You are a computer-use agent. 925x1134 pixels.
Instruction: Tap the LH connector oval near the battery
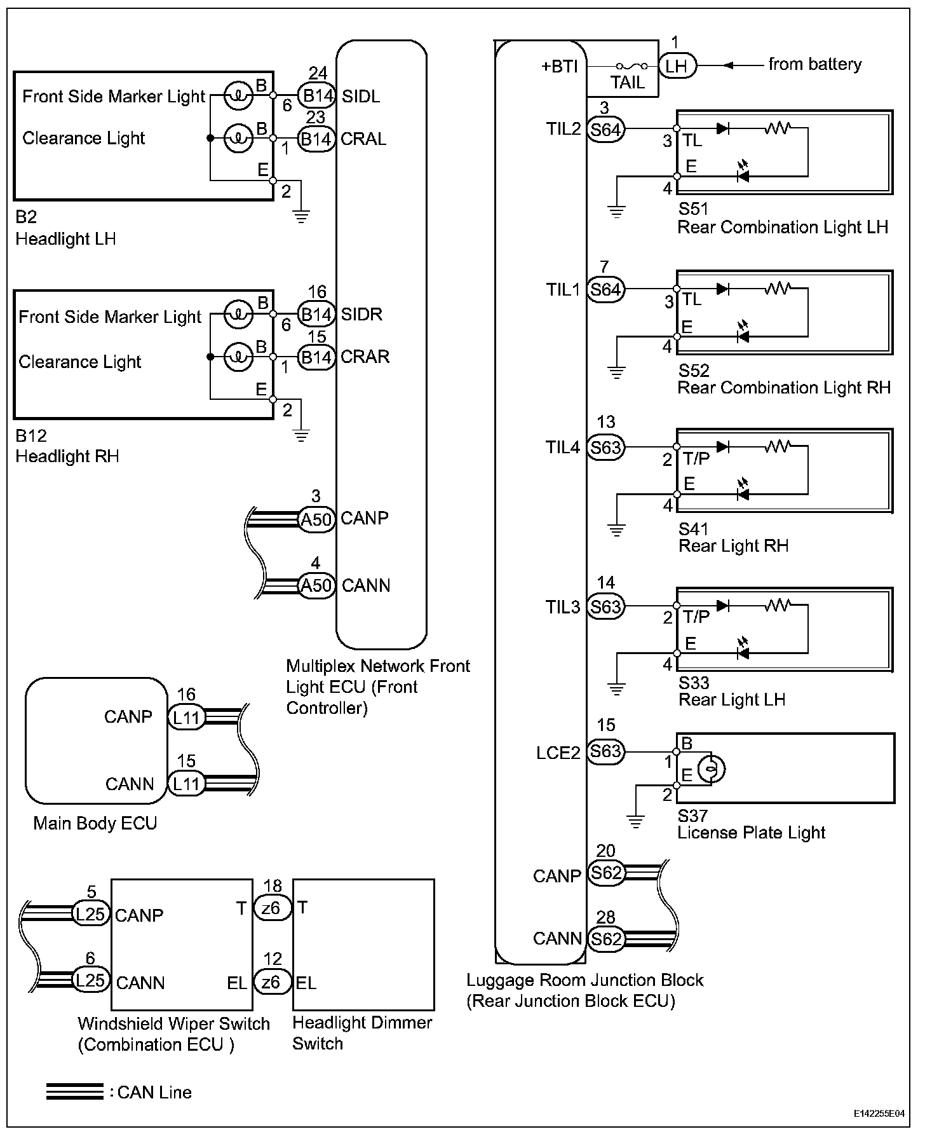[677, 66]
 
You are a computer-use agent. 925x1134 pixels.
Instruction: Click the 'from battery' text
[814, 64]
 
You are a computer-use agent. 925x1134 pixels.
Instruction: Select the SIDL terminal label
[361, 96]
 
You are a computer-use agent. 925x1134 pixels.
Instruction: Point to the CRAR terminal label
[365, 357]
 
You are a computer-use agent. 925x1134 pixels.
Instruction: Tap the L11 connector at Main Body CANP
[186, 718]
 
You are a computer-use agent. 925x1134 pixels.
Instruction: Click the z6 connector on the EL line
[272, 982]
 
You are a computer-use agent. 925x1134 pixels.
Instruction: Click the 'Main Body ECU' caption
[95, 823]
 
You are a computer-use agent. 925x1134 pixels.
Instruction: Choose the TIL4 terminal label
[563, 447]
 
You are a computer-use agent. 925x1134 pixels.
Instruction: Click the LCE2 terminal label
[558, 753]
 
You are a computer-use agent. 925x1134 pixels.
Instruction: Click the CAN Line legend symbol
[74, 1092]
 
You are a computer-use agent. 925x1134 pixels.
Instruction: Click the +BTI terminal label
[559, 66]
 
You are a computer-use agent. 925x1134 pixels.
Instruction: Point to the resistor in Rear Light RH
[776, 447]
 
